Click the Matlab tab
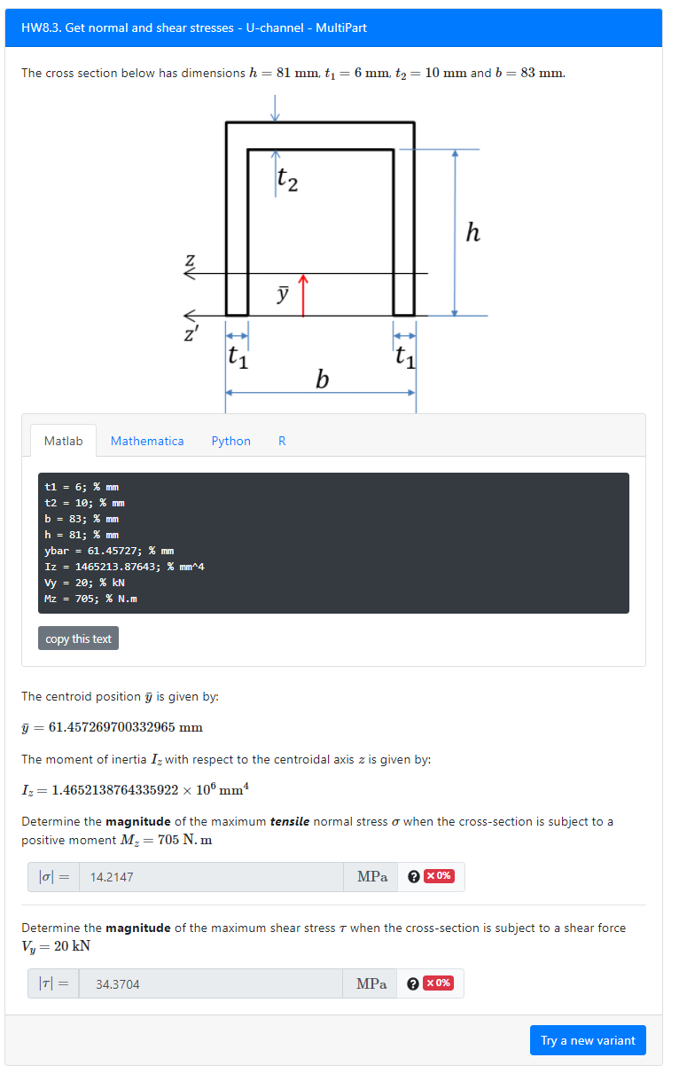click(x=63, y=441)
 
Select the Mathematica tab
click(x=147, y=441)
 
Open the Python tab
click(x=230, y=441)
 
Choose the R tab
click(x=282, y=441)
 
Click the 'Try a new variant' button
click(x=588, y=1040)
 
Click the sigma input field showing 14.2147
click(x=211, y=877)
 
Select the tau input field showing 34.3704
click(x=210, y=983)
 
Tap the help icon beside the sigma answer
click(x=413, y=877)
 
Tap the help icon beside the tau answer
click(x=412, y=983)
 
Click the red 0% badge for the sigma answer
click(x=439, y=876)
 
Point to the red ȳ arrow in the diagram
click(x=303, y=295)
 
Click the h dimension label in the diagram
click(x=473, y=233)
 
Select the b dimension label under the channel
click(x=322, y=380)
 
